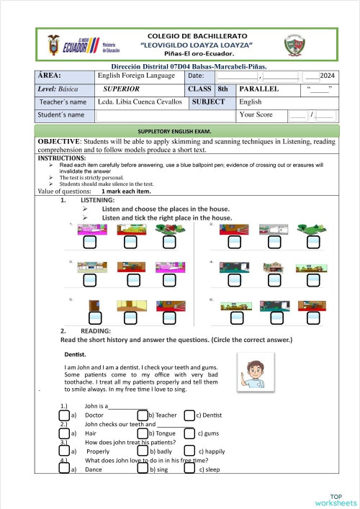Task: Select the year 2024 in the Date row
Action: coord(326,76)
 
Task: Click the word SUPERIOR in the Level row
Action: coord(121,89)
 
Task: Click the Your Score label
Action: coord(260,114)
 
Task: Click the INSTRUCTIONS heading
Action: coord(61,158)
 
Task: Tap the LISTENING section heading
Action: coord(98,199)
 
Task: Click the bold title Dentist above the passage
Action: coord(75,354)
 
